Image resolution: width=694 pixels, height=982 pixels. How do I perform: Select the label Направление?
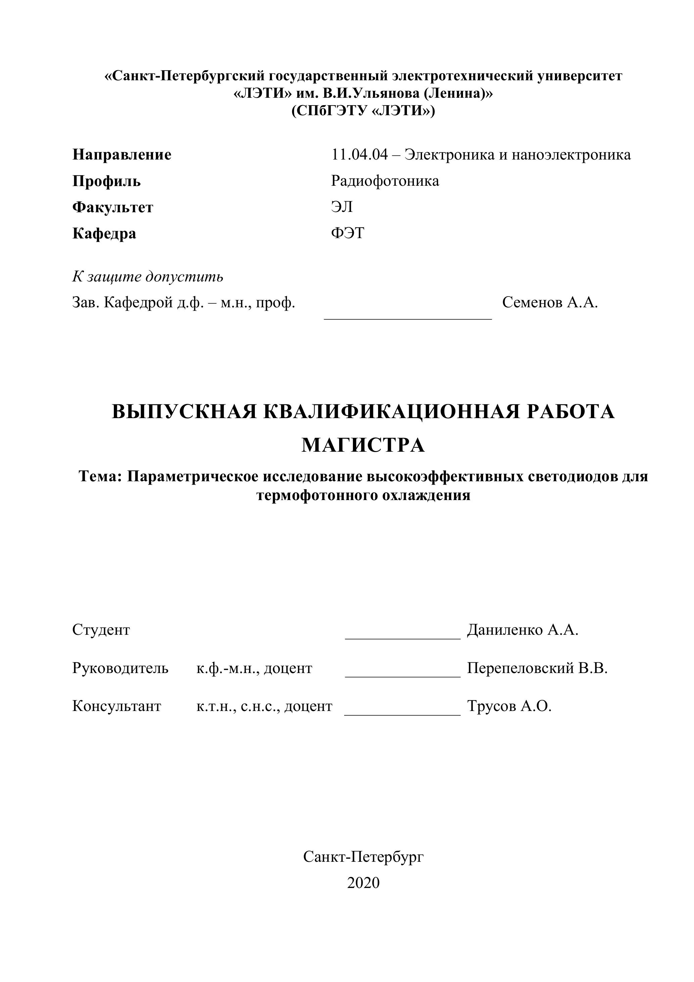pos(122,154)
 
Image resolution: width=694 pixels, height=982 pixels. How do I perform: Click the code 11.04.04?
pos(359,154)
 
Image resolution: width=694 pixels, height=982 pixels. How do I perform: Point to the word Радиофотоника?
pos(385,181)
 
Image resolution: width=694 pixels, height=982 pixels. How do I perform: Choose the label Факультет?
pos(112,208)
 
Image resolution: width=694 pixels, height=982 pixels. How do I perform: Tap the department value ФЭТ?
pos(347,233)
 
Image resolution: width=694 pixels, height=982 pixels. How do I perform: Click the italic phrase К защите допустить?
pos(147,277)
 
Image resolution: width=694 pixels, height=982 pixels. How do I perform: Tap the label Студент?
pos(101,630)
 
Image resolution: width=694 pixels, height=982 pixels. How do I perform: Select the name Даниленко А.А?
pos(522,630)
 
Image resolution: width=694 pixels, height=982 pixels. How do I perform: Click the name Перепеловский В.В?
pos(537,668)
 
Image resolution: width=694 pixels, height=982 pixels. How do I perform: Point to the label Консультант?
pos(117,706)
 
